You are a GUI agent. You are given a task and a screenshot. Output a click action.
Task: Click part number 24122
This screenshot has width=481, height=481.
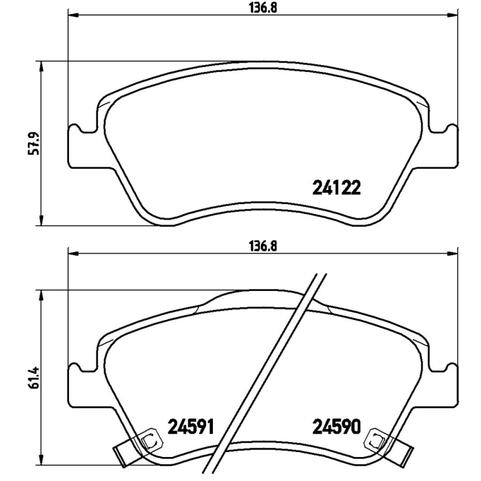336,189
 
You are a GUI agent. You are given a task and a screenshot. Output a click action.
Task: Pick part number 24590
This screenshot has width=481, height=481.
336,427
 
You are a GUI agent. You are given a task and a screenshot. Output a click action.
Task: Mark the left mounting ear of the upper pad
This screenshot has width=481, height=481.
77,144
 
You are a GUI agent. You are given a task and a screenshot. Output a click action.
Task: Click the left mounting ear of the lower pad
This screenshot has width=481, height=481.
77,382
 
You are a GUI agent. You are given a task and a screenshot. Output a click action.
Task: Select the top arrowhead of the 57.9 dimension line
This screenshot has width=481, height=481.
41,64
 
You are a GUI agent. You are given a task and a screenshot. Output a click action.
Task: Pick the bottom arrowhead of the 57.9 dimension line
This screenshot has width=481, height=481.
41,222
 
